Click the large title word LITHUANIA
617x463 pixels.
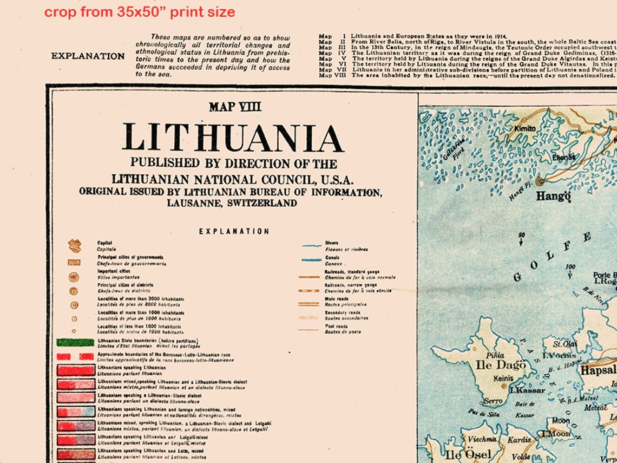coord(233,138)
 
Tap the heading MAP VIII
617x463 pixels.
coord(235,107)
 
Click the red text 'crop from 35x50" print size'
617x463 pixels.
coord(140,12)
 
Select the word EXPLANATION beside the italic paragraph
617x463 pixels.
coord(88,56)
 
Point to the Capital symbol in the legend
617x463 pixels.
coord(74,246)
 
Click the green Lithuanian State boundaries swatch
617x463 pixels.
coord(75,342)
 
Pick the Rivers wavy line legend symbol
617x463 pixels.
coord(311,245)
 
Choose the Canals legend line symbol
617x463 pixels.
coord(311,260)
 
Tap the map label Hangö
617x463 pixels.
coord(553,196)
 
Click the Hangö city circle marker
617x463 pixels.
coord(540,182)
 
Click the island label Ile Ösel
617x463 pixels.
coord(468,454)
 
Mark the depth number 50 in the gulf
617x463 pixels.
coord(521,236)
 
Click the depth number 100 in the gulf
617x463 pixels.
coord(570,267)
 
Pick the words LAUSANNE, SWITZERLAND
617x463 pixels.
coord(232,203)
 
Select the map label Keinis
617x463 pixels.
coord(503,379)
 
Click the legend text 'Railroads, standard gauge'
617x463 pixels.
coord(352,271)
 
